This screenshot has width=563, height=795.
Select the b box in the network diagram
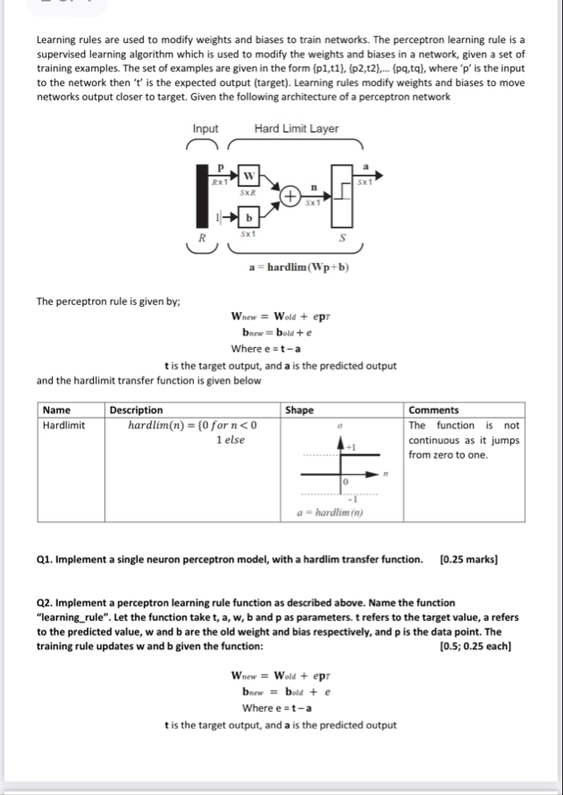click(251, 217)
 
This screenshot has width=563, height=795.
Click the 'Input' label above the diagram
click(206, 129)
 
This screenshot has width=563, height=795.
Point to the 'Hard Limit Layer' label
click(296, 129)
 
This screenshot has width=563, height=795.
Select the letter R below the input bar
click(202, 239)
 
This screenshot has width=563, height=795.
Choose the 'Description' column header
click(136, 410)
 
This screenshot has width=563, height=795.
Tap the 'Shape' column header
click(298, 410)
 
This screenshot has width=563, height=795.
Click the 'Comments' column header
click(433, 410)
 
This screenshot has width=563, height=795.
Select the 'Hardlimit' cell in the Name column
click(63, 425)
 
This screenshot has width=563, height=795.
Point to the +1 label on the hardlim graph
click(352, 446)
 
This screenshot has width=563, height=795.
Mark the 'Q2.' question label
click(46, 603)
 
